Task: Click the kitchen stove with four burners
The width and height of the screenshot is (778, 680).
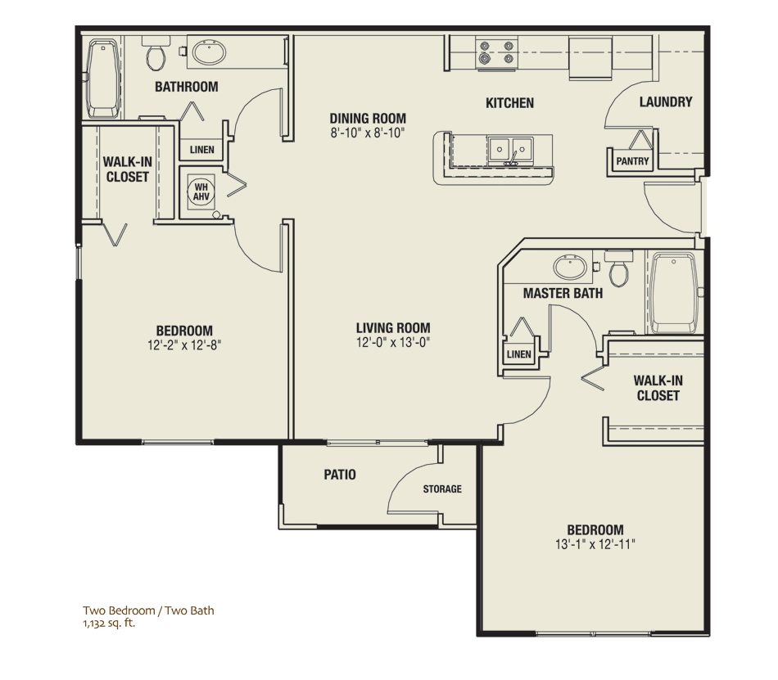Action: (x=496, y=52)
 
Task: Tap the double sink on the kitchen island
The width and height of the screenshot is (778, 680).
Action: (x=510, y=150)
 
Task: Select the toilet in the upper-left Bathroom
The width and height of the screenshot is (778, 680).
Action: (x=156, y=53)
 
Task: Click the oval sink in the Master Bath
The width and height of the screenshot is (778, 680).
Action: (x=570, y=267)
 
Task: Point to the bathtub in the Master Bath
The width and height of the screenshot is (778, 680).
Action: (x=674, y=292)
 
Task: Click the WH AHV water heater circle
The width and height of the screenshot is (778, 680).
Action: (x=201, y=191)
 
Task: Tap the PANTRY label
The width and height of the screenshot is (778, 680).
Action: (x=632, y=161)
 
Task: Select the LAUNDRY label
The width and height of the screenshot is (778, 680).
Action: (x=665, y=102)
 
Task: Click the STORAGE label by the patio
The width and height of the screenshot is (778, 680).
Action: (x=442, y=489)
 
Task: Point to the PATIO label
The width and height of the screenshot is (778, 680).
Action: (x=340, y=475)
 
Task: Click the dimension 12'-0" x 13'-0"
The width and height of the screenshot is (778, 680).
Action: (x=393, y=343)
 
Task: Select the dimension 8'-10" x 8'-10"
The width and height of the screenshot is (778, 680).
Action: (x=368, y=133)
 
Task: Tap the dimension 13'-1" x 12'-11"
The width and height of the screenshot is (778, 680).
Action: (x=595, y=544)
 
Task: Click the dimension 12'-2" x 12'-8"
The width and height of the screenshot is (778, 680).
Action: (x=184, y=345)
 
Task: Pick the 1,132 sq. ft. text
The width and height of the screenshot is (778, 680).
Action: (x=109, y=624)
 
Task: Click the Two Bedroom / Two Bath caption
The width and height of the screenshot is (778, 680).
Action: (x=148, y=610)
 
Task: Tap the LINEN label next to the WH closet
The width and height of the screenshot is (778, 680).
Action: (x=202, y=150)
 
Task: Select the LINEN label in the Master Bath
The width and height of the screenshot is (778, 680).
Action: (x=519, y=354)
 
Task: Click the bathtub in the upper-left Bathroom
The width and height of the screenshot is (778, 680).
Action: (x=102, y=79)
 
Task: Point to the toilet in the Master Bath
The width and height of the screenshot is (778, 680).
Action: (x=619, y=268)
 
